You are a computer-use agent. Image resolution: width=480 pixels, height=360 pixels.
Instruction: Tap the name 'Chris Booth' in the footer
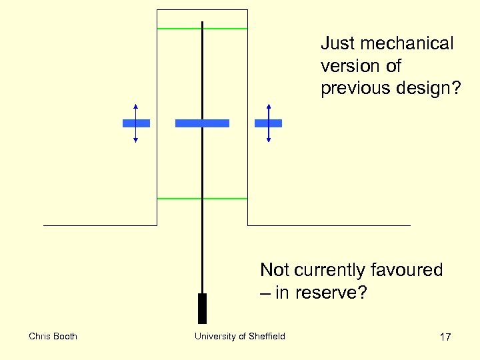[53, 336]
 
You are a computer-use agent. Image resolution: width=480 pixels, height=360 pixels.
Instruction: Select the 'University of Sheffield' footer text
[240, 336]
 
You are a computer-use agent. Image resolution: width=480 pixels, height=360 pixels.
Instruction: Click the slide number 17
[445, 337]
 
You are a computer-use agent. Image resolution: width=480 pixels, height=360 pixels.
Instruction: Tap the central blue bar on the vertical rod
[202, 123]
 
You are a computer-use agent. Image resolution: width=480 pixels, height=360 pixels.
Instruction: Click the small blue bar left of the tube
[136, 123]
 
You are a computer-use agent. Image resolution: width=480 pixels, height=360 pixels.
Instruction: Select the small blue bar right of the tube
[269, 123]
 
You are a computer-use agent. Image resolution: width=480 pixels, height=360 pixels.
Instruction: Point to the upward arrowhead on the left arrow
[135, 106]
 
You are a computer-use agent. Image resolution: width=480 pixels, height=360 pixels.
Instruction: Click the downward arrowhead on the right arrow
[269, 140]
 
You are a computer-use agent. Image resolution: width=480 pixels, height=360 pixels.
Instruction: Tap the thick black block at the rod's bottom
[203, 308]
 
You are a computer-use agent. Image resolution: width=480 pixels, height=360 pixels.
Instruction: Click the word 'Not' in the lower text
[274, 270]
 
